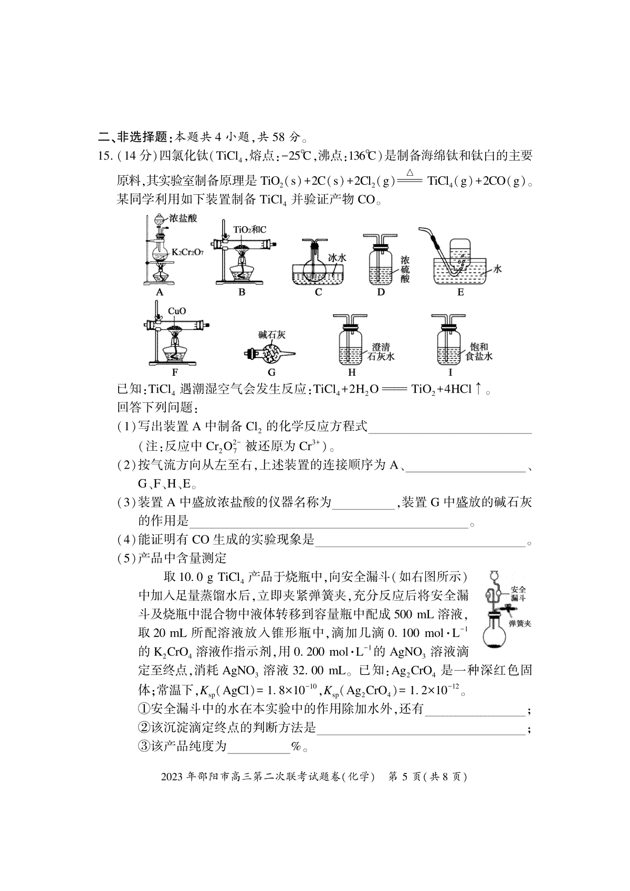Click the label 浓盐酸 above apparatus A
pos(182,218)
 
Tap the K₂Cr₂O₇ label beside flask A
pos(187,252)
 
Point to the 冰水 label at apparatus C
pos(337,258)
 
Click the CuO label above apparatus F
pos(176,311)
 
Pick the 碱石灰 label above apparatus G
pos(271,335)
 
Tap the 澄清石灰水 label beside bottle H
pos(383,351)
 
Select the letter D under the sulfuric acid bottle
pos(381,292)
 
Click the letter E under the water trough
pos(460,292)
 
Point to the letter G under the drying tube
pos(271,373)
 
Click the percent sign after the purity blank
pos(296,746)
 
